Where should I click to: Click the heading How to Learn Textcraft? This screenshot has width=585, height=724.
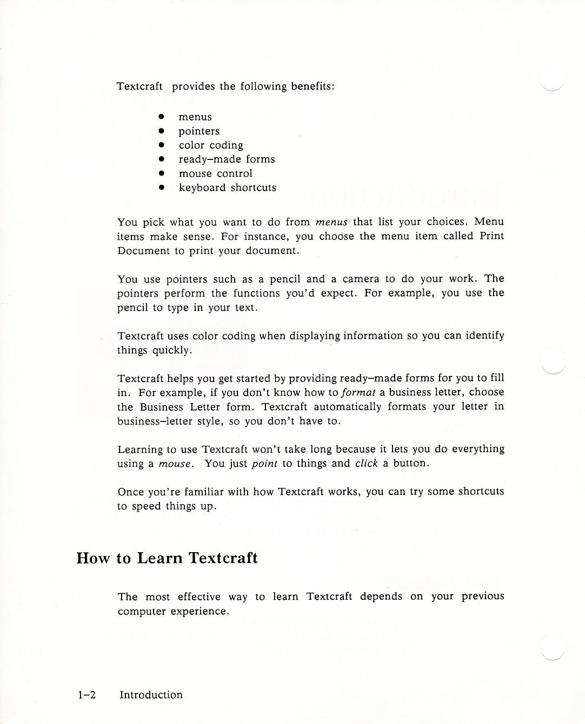pyautogui.click(x=167, y=558)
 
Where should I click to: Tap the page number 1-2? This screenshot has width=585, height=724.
pyautogui.click(x=87, y=695)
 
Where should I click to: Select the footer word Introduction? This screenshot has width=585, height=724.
pyautogui.click(x=151, y=695)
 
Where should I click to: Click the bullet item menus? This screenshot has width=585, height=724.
pyautogui.click(x=195, y=117)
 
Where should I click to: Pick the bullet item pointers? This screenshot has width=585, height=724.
pyautogui.click(x=199, y=131)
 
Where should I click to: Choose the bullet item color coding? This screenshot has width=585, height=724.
pyautogui.click(x=211, y=145)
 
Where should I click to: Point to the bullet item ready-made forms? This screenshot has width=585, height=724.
pyautogui.click(x=227, y=159)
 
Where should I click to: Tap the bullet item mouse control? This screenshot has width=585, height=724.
pyautogui.click(x=216, y=173)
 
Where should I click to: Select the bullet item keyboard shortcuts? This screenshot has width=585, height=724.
pyautogui.click(x=227, y=187)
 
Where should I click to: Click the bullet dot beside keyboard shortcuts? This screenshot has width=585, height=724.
pyautogui.click(x=161, y=187)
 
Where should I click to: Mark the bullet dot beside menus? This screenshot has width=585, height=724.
pyautogui.click(x=161, y=117)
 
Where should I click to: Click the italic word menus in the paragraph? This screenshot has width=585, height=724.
pyautogui.click(x=331, y=222)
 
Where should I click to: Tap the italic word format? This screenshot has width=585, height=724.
pyautogui.click(x=358, y=392)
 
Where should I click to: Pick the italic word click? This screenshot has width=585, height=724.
pyautogui.click(x=366, y=464)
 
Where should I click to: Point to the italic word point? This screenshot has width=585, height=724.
pyautogui.click(x=264, y=464)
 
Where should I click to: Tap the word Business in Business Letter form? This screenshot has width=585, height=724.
pyautogui.click(x=162, y=407)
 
